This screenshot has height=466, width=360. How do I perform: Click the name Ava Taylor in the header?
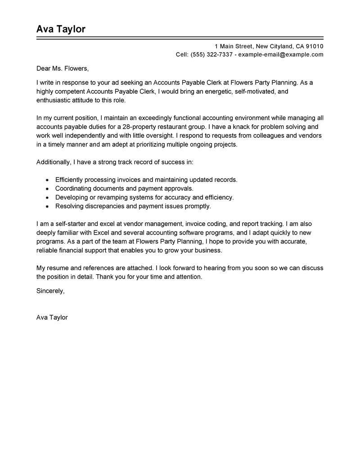click(x=61, y=29)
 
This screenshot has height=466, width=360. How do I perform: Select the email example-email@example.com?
click(x=281, y=55)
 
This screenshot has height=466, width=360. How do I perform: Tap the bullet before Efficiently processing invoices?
click(x=47, y=180)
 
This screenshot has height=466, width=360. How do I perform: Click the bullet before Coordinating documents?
click(x=47, y=189)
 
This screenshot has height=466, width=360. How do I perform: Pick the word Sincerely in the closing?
click(x=50, y=291)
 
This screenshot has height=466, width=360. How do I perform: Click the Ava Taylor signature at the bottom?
click(x=52, y=317)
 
